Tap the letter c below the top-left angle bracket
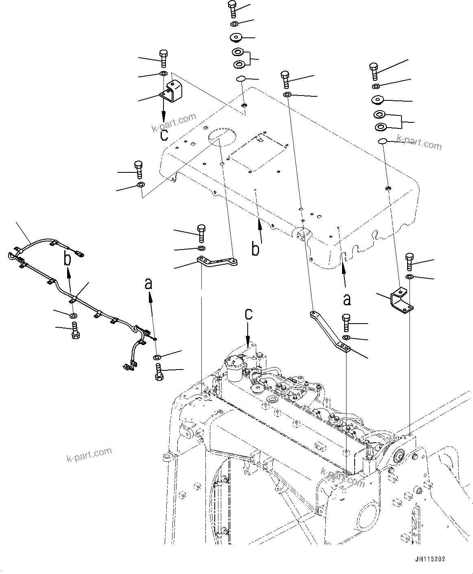point(164,134)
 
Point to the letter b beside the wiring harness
point(68,259)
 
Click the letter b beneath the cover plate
point(255,249)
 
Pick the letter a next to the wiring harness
point(149,283)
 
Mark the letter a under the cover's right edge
point(347,300)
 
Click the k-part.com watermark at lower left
point(89,455)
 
